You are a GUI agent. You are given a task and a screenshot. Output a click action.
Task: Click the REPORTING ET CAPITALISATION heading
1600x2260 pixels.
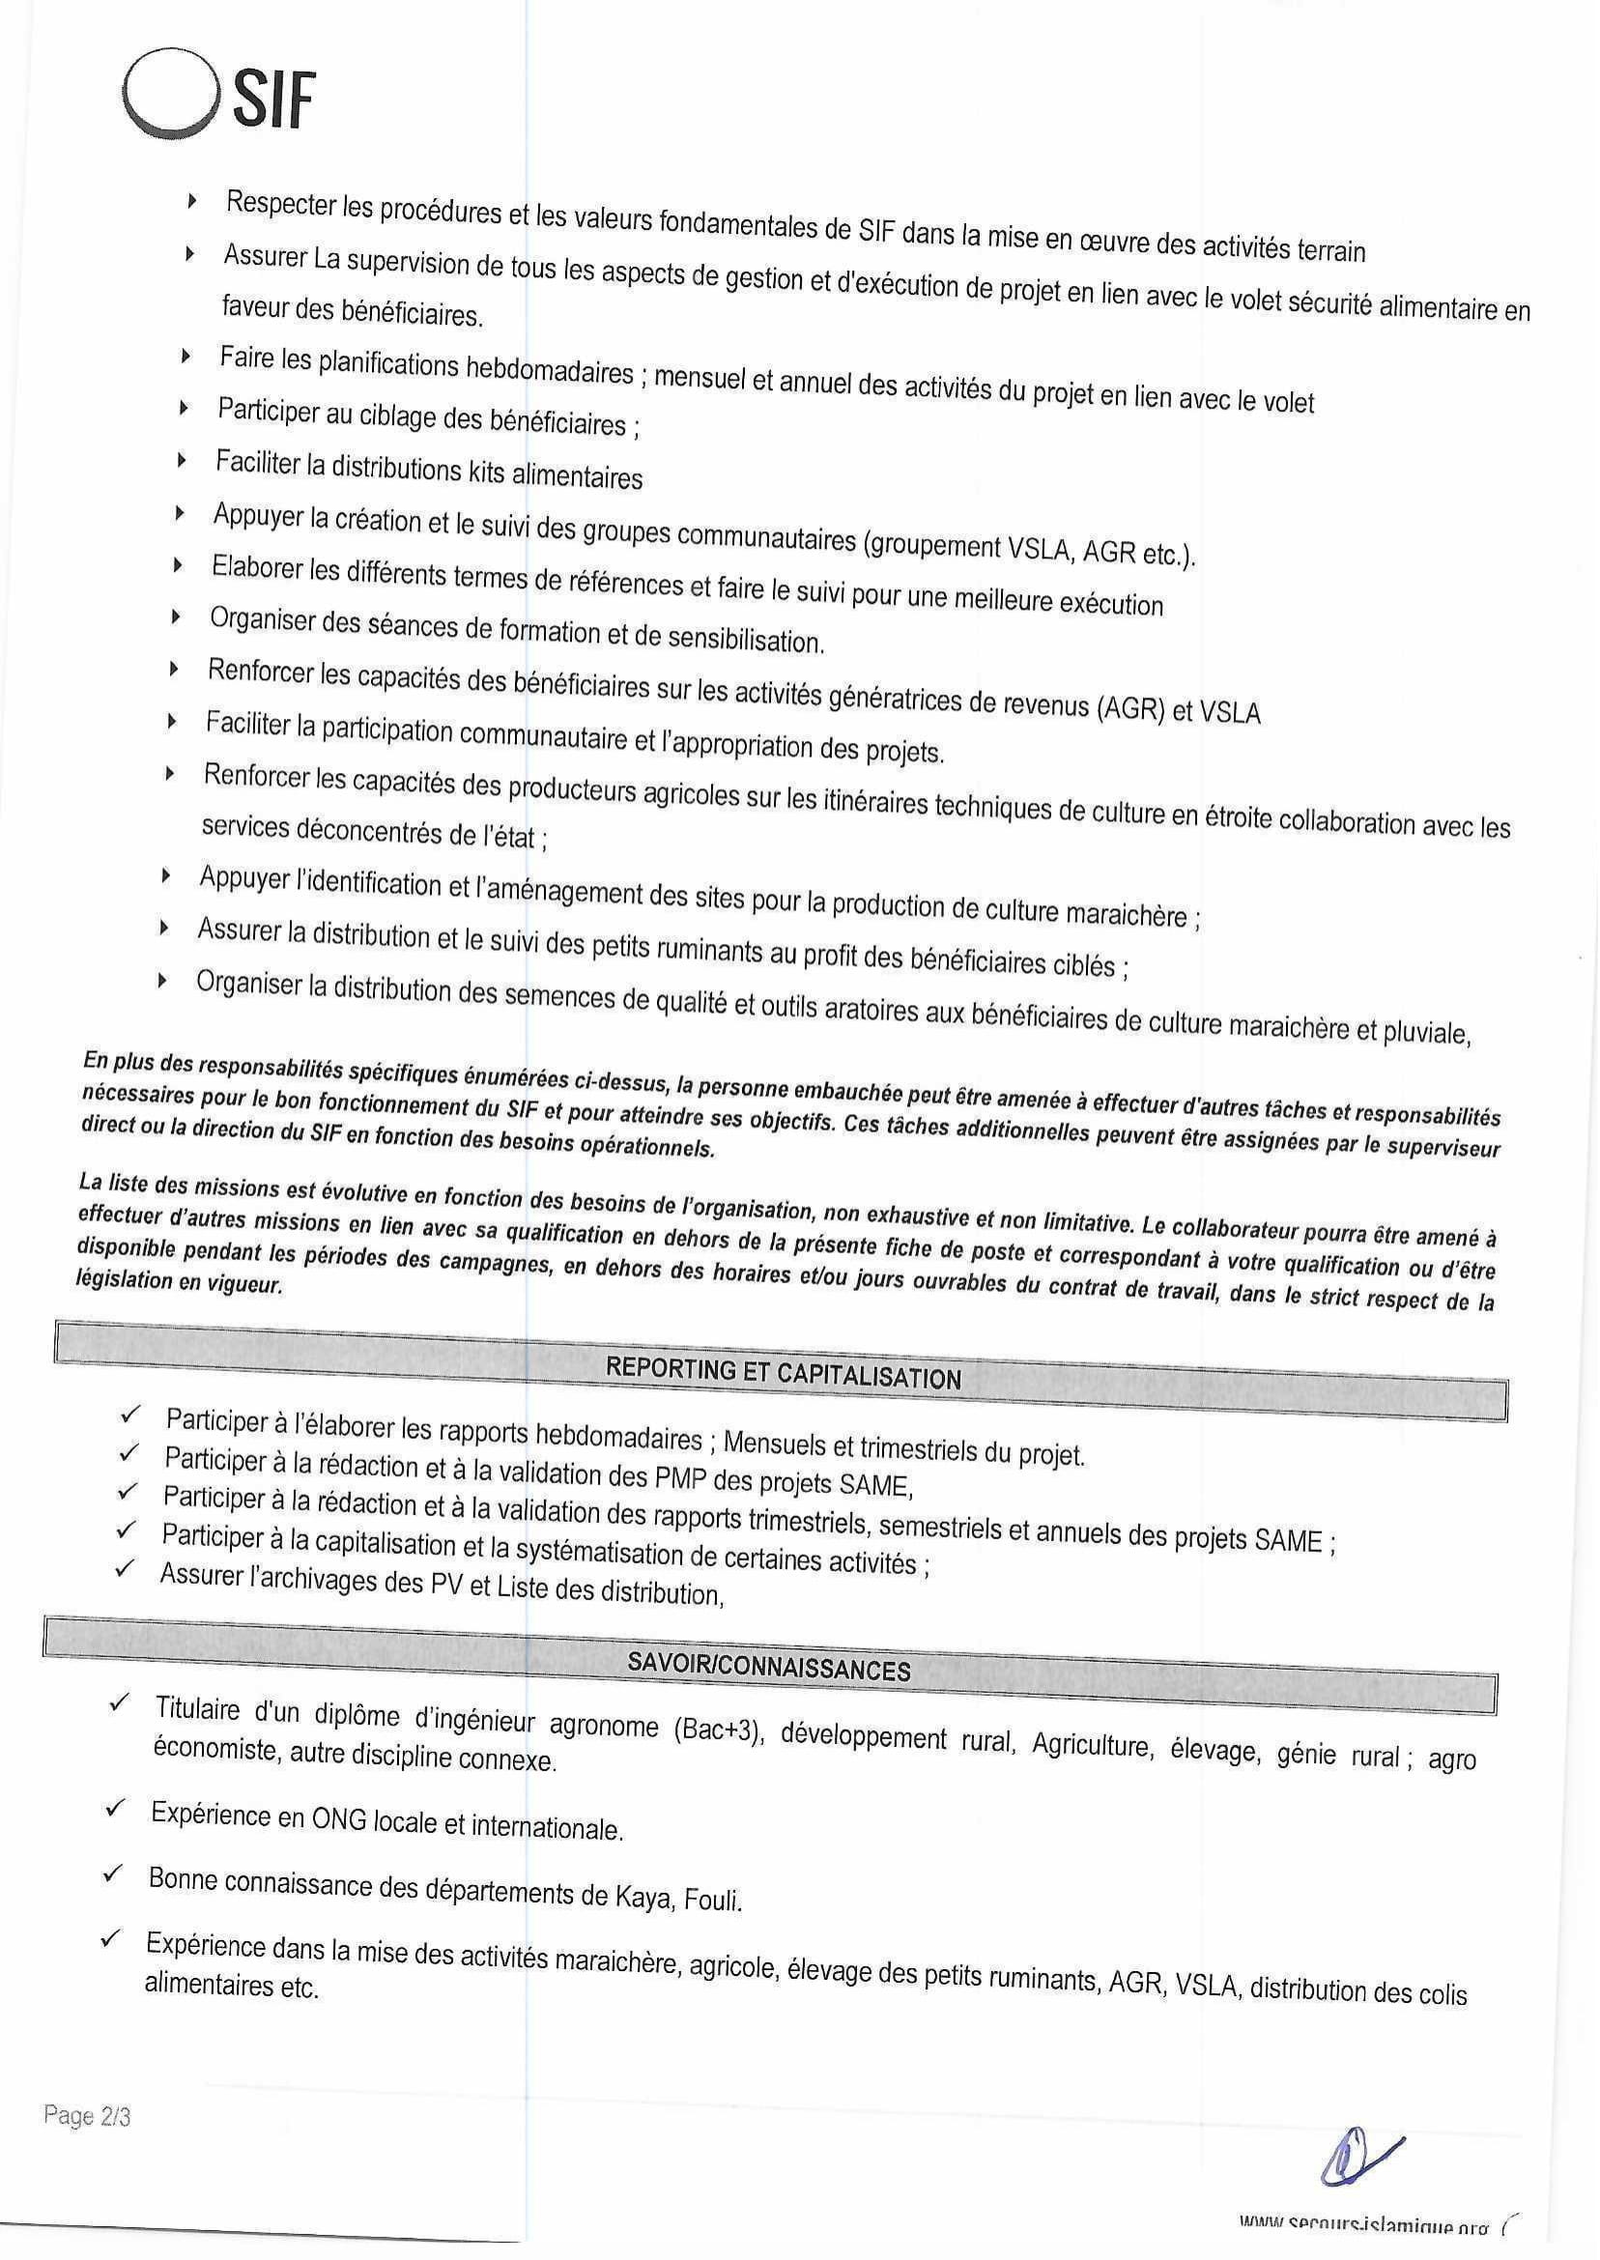(x=784, y=1373)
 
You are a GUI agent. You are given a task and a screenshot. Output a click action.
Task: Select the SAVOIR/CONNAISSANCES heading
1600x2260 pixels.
(x=769, y=1668)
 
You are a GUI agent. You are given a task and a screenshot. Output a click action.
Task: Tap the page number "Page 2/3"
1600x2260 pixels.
(x=87, y=2115)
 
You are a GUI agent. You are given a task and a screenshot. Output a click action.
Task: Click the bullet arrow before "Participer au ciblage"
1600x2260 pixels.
(x=184, y=407)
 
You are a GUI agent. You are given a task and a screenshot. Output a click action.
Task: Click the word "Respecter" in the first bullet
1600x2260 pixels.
(x=281, y=204)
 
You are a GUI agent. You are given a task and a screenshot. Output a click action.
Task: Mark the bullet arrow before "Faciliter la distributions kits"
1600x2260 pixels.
(x=182, y=459)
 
